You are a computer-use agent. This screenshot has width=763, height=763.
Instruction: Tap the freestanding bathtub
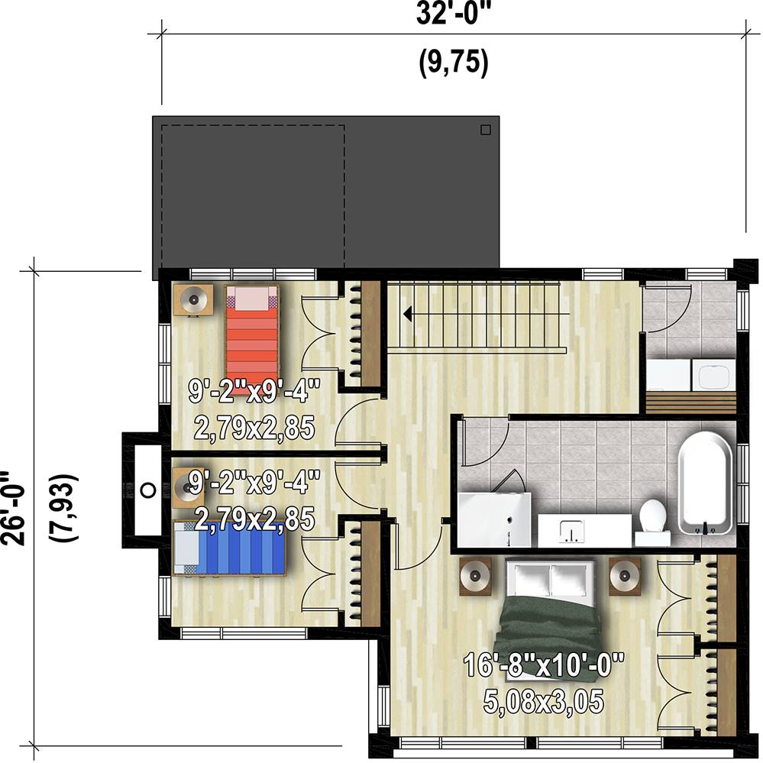point(705,483)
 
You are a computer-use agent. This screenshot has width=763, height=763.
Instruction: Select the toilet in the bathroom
point(652,522)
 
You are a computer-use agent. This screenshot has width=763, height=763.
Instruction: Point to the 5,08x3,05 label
point(544,700)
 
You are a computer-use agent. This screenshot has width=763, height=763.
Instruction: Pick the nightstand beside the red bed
point(193,299)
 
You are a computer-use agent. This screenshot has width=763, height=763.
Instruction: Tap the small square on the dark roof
point(485,129)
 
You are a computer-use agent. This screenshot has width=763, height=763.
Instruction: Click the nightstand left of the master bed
point(475,577)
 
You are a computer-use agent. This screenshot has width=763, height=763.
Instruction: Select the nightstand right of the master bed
point(625,577)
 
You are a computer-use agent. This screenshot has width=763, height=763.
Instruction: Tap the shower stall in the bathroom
point(494,519)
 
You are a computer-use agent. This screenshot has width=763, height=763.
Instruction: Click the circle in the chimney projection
point(148,490)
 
